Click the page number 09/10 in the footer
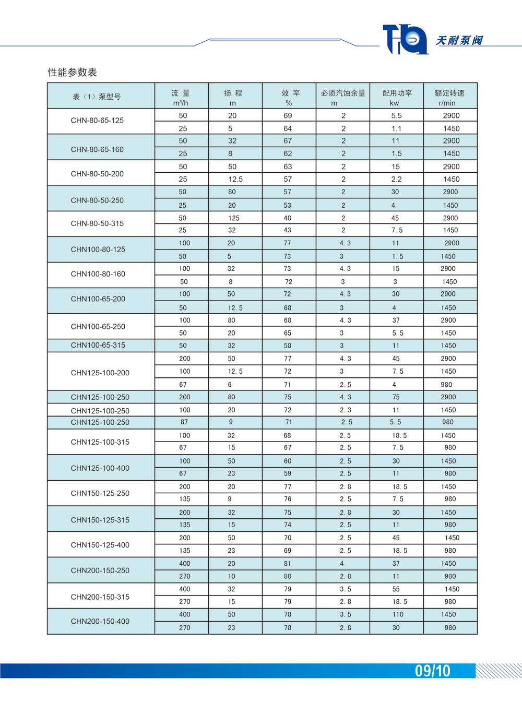pos(432,671)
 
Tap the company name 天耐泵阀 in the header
pos(459,40)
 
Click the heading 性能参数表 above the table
pos(73,73)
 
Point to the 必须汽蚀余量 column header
pos(343,97)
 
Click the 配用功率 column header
pos(397,97)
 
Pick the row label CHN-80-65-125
pos(97,121)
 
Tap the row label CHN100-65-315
pos(98,345)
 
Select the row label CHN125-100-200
pos(100,373)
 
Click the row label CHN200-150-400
pos(100,621)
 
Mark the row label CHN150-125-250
pos(100,493)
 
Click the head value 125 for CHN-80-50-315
pos(234,218)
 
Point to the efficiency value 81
pos(288,564)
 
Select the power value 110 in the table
pos(398,614)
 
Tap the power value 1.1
pos(397,128)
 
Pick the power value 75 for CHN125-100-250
pos(396,397)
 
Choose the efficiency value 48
pos(288,218)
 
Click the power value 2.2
pos(397,179)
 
